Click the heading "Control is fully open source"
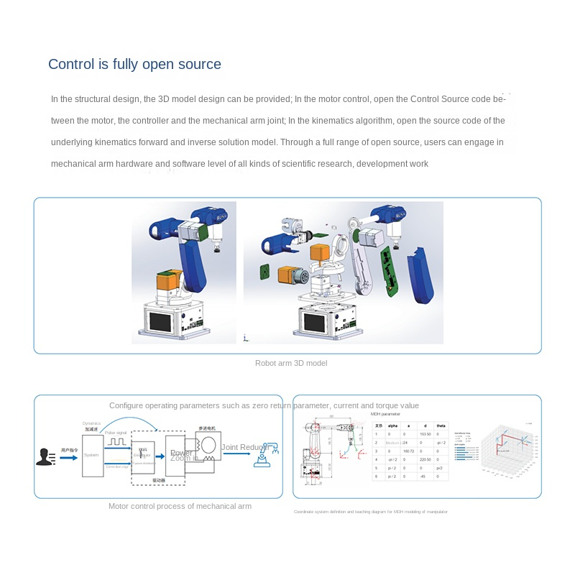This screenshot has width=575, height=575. pos(134,64)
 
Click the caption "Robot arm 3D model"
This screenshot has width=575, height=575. pos(291,363)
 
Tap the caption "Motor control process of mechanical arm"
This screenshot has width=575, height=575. pos(180,506)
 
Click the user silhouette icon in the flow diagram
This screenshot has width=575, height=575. pos(45,456)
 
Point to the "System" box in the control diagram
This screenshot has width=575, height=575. pos(92,454)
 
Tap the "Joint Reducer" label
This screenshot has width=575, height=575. pos(244,447)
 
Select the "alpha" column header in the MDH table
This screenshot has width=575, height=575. pos(392,426)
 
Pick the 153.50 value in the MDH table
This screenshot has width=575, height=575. pos(424,435)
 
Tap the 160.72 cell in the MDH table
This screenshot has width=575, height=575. pos(409,451)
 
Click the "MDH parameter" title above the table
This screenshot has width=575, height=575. pos(385,414)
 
